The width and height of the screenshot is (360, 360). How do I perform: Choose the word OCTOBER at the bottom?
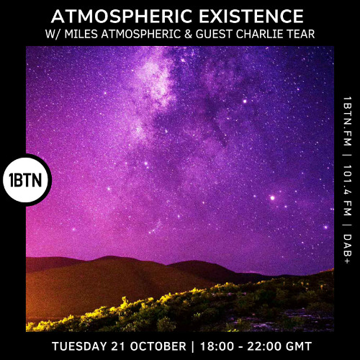(x=158, y=346)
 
